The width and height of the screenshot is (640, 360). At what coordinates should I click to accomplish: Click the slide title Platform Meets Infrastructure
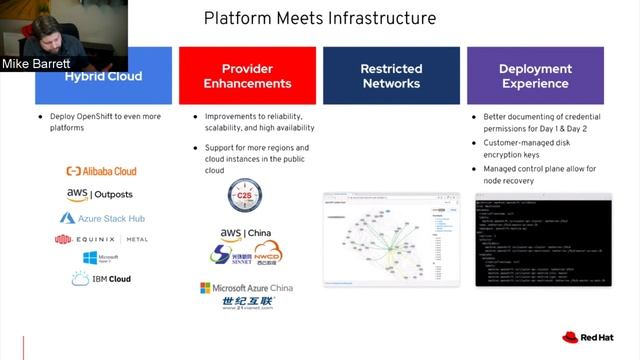320,18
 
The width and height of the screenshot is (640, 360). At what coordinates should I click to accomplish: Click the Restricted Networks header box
391,76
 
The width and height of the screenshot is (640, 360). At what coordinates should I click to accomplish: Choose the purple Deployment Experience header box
535,76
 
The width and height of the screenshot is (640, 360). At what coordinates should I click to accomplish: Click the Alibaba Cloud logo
101,171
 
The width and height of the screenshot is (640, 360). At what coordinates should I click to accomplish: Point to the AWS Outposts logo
100,194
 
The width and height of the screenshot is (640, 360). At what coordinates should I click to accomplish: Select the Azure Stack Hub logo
100,217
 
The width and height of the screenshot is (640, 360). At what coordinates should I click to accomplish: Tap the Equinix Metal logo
101,240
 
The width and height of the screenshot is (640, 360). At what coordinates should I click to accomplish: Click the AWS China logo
244,234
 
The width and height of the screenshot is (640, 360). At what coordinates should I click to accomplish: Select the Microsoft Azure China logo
246,288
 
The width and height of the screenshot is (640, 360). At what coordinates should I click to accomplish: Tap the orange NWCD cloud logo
268,256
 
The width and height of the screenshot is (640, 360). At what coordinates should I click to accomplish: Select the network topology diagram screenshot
390,239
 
